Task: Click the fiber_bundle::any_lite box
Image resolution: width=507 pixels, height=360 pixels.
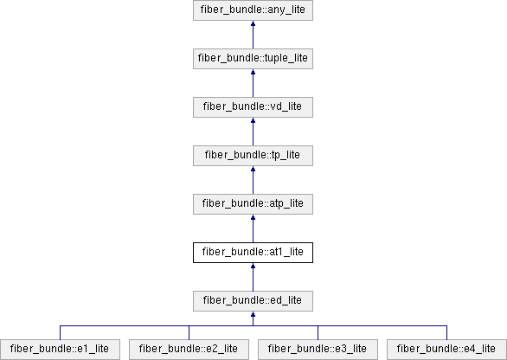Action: click(x=253, y=10)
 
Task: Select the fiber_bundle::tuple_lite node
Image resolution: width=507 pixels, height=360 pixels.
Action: click(x=253, y=59)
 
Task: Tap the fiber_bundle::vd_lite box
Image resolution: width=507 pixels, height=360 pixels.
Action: click(x=253, y=107)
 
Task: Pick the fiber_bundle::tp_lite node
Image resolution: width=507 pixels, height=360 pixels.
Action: click(x=253, y=156)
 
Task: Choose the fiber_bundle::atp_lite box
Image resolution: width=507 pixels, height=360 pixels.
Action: click(x=253, y=204)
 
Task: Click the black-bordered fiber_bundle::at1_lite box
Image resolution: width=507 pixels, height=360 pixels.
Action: click(x=253, y=253)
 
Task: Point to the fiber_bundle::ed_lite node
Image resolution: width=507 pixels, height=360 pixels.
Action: click(x=253, y=301)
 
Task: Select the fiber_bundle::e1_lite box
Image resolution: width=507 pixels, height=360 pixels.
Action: click(x=61, y=350)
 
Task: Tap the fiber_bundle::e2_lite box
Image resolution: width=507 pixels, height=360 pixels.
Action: click(x=189, y=350)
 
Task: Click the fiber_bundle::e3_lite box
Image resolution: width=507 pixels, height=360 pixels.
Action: click(x=318, y=350)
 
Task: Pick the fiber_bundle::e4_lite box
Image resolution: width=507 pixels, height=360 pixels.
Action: click(x=446, y=350)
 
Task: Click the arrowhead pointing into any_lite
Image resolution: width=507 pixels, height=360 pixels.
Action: click(x=253, y=23)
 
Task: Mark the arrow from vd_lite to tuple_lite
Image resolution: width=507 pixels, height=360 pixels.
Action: click(x=253, y=83)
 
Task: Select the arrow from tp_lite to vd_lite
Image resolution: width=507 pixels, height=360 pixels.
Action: click(x=253, y=132)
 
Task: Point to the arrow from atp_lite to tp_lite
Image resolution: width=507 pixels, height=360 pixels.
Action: click(x=253, y=180)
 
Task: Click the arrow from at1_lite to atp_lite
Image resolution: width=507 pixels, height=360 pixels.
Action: click(x=253, y=228)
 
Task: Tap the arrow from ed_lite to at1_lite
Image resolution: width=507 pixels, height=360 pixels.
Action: click(x=253, y=277)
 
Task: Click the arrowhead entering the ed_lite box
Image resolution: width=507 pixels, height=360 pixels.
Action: click(x=253, y=314)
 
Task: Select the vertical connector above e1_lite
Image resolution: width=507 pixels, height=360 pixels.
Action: click(x=61, y=332)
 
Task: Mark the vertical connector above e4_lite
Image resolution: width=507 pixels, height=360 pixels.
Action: click(x=446, y=332)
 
